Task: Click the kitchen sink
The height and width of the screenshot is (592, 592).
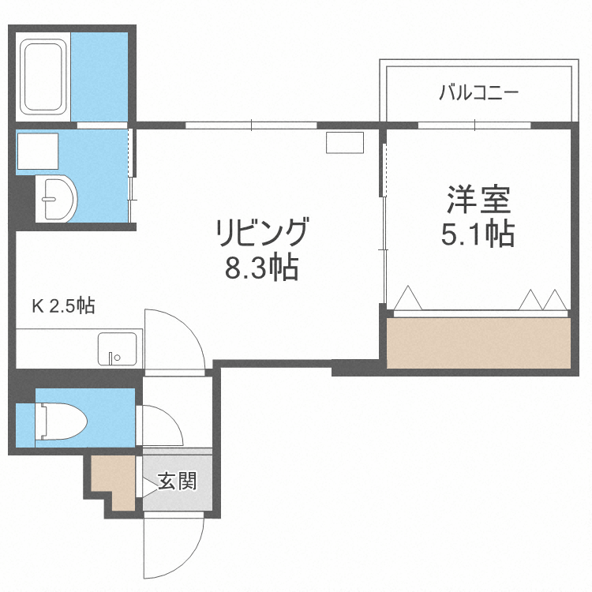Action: coord(116,348)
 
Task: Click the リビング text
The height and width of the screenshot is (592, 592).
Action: coord(260,234)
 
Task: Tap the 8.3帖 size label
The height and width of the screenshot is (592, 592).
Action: coord(260,269)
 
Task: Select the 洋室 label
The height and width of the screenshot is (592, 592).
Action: coord(478,199)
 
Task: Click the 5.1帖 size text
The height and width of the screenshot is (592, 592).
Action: coord(478,234)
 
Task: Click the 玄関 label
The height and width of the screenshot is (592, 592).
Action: coord(176,480)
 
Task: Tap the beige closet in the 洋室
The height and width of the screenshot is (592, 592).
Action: coord(478,343)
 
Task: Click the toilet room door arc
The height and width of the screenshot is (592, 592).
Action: coord(162,426)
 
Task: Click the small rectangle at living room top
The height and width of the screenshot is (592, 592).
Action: coord(345,142)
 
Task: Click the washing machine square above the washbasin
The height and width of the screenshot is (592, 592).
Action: coord(37,151)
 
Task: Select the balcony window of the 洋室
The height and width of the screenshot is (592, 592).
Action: coord(474,125)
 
